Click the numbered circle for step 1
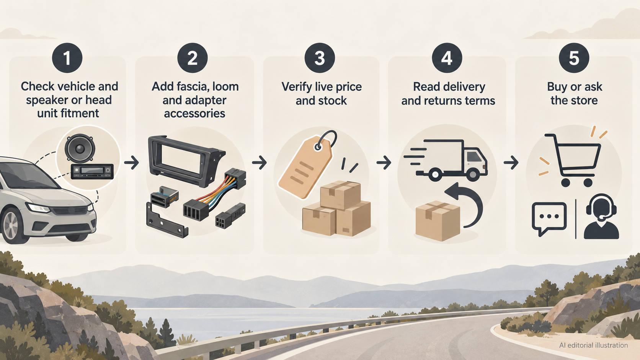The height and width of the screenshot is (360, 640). pos(67,58)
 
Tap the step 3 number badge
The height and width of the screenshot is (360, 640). pos(320,58)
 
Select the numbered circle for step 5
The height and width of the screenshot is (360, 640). pos(574,58)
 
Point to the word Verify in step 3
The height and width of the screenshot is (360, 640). pos(298,87)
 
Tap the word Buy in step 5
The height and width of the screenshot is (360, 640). pos(557,87)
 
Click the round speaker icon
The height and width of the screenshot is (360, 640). pos(80,148)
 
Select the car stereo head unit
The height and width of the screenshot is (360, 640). pos(92,171)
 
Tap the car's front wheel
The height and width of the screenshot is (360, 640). pos(11,226)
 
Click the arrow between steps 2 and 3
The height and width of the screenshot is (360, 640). pos(259,163)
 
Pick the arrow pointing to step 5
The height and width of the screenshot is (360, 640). pos(511,163)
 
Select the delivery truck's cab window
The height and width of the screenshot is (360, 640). pos(473,156)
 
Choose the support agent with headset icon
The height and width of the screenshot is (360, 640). pos(601,217)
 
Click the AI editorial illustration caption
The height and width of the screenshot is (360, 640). pos(593,345)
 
